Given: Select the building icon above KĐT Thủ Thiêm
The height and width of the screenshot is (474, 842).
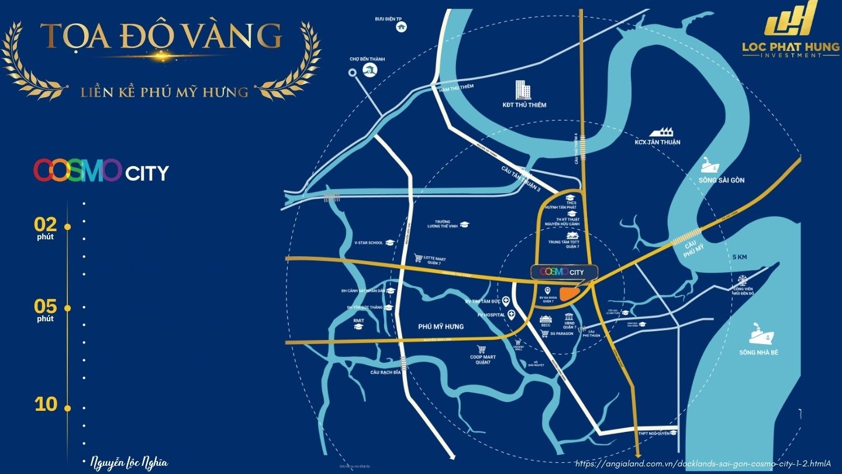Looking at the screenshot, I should [x=523, y=90].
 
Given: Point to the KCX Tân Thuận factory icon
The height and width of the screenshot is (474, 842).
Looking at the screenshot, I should [x=661, y=132].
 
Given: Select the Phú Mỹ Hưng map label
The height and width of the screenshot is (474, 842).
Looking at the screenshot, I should [x=441, y=327].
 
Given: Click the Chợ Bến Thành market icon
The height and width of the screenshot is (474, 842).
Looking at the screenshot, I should [x=370, y=71].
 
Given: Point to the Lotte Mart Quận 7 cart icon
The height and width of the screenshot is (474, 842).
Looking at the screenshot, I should [x=418, y=257].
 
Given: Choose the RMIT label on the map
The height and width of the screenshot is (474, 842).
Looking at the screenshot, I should [x=358, y=321].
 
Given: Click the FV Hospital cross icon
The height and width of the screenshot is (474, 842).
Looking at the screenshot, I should [x=512, y=315].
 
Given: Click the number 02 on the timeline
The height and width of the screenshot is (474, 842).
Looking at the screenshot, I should [x=46, y=224].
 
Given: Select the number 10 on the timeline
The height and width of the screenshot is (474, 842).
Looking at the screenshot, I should [x=46, y=404].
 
